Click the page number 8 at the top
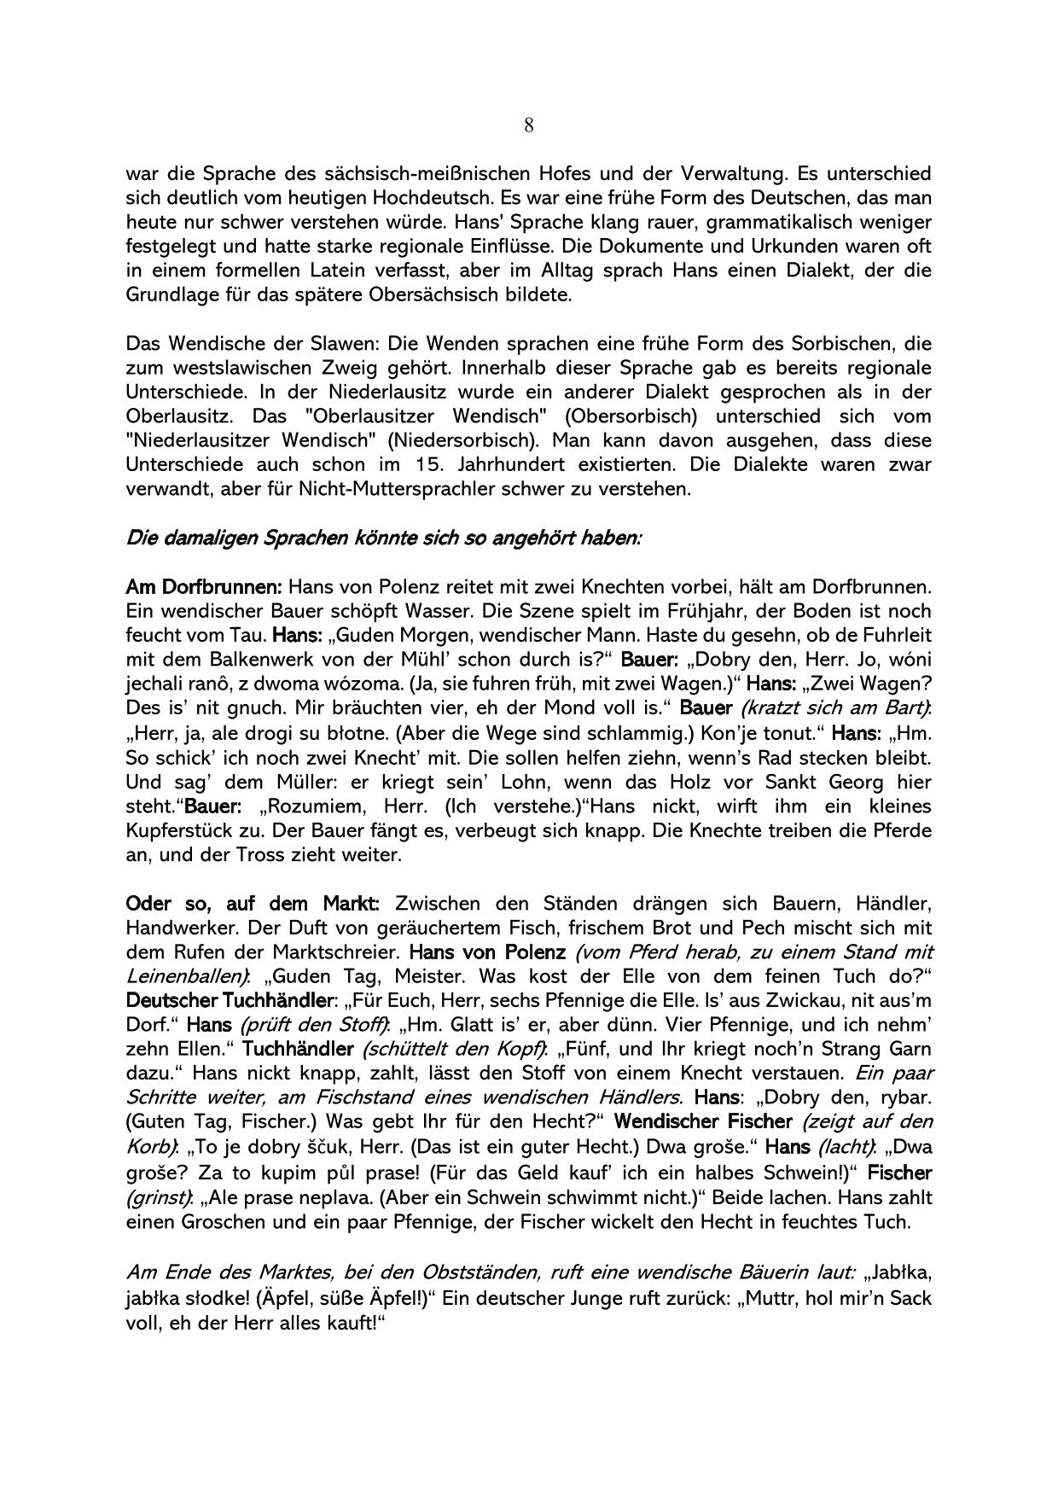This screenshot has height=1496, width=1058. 529,126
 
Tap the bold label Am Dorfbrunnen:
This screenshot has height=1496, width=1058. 203,588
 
